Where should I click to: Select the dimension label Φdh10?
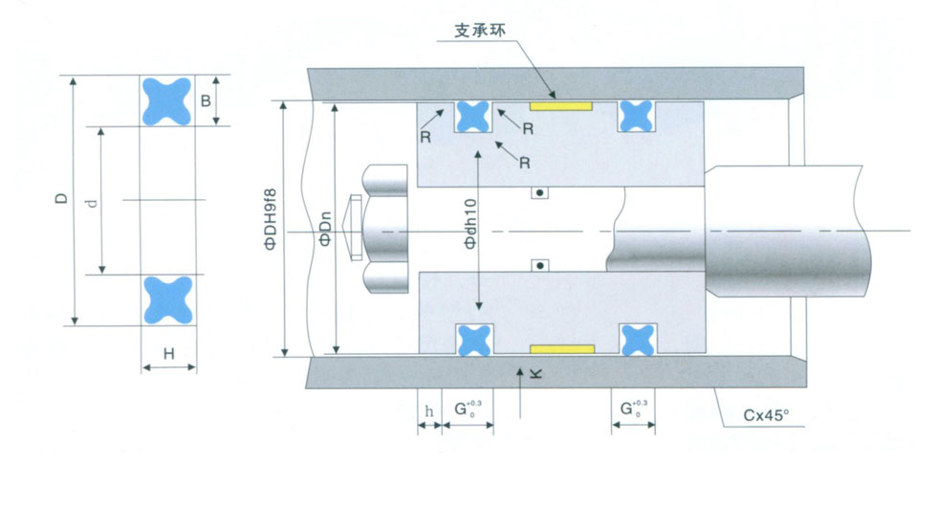(469, 226)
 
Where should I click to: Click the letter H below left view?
(168, 354)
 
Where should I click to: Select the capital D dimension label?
(60, 199)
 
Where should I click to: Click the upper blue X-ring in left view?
(168, 99)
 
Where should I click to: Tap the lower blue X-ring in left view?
(168, 298)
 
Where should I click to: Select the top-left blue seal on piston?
(472, 116)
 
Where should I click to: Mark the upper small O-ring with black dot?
(540, 193)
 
